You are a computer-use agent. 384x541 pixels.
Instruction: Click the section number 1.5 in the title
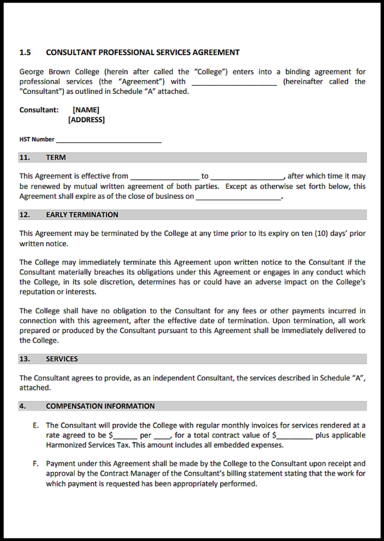point(25,52)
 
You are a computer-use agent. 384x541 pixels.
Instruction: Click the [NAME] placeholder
point(86,109)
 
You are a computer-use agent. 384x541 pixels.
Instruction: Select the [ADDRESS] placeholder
point(86,119)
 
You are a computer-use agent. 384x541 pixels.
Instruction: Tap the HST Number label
point(36,139)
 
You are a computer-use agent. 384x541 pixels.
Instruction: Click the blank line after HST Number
point(108,140)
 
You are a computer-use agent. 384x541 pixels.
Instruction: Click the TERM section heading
point(55,157)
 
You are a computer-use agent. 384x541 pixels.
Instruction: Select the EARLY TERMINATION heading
point(82,215)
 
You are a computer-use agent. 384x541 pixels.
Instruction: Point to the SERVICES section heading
point(61,359)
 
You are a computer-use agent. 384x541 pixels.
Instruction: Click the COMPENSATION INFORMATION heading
point(100,406)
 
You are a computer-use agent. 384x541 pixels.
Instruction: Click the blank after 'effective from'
point(164,177)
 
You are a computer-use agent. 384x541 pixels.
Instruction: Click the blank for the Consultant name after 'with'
point(233,82)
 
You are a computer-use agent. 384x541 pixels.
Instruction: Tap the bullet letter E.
point(35,425)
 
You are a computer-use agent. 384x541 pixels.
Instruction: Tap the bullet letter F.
point(35,464)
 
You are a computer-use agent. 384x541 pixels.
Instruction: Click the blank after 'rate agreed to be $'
point(125,436)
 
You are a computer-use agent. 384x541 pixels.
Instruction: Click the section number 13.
point(24,359)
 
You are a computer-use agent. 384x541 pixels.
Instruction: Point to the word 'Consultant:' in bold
point(39,109)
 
